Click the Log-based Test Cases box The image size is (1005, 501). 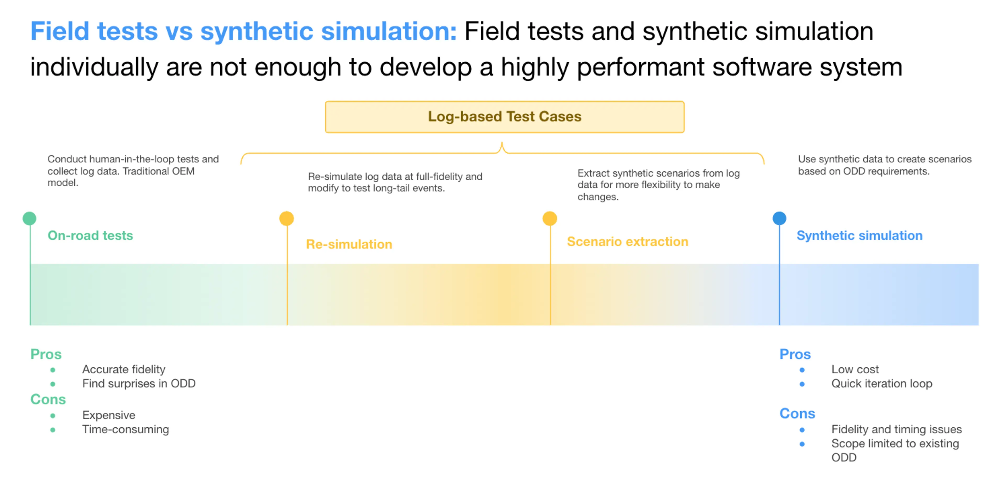point(504,117)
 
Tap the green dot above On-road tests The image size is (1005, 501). point(30,218)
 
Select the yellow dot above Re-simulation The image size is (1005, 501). point(287,218)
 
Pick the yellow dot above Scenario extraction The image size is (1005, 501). point(550,218)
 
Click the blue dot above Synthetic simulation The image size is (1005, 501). point(779,218)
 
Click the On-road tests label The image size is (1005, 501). point(90,236)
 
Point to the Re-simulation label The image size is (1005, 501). point(349,244)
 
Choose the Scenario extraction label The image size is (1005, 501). point(627,242)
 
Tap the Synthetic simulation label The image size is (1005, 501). point(859,236)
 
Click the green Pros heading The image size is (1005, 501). point(46,354)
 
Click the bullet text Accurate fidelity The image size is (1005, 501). point(124,369)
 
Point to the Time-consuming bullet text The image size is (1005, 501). point(126,429)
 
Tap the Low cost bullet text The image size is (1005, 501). point(855,369)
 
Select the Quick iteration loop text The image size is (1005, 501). point(882,384)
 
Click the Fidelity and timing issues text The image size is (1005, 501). point(897,429)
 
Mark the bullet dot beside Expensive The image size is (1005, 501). point(53,416)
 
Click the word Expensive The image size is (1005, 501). point(109,415)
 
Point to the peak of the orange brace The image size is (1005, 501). point(502,143)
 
